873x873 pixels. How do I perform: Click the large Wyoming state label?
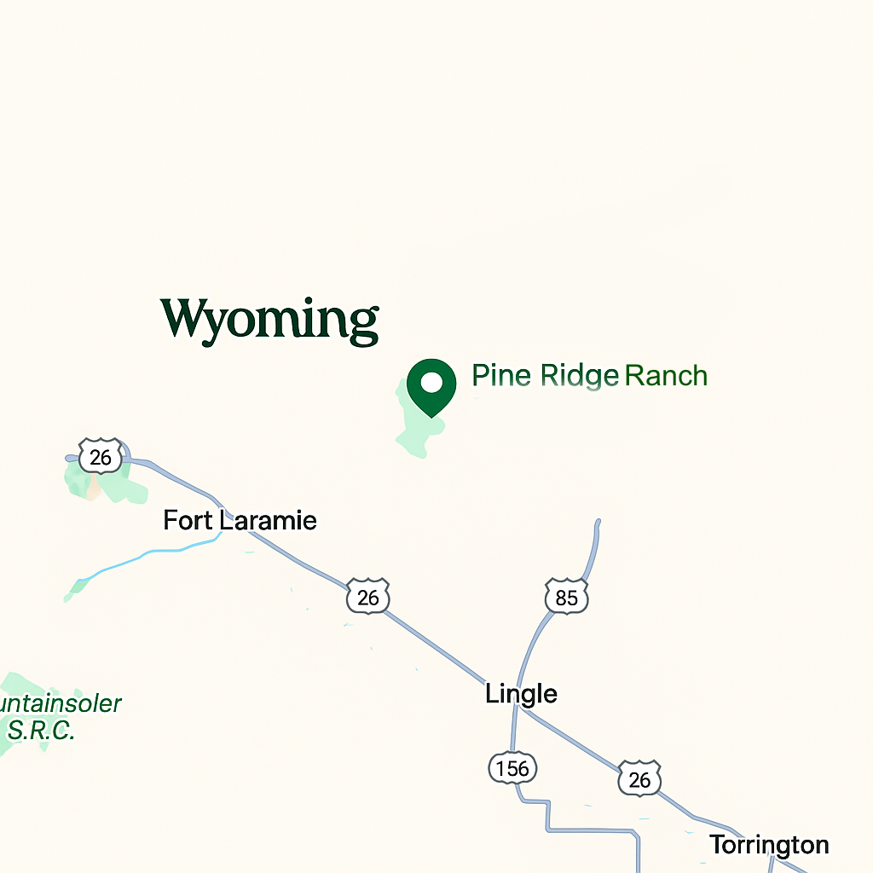[269, 320]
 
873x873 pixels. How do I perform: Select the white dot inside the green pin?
[432, 381]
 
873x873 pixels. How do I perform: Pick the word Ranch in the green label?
[666, 375]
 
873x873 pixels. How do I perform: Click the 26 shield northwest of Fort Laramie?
[101, 458]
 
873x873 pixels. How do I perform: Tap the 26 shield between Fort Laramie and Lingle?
[367, 597]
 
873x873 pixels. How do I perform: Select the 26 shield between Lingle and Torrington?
[639, 778]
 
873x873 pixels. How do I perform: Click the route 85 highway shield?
[566, 598]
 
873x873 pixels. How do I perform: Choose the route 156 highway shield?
[513, 768]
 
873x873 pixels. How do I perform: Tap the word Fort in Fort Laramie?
[188, 520]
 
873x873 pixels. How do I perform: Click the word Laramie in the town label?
[268, 520]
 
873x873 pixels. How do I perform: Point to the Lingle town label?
[521, 694]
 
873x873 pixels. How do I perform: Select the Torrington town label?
[769, 845]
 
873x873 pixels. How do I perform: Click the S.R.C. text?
[41, 731]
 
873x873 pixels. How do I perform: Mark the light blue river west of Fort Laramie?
[145, 558]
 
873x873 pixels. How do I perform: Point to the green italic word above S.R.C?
[60, 704]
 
